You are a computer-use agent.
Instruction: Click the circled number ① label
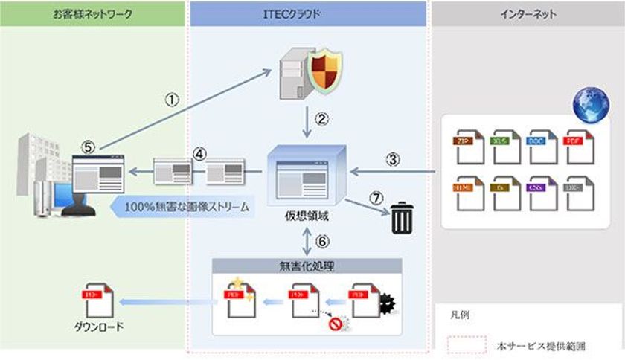tap(172, 101)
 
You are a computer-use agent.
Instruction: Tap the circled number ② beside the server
tap(322, 118)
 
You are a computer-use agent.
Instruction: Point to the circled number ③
tap(393, 158)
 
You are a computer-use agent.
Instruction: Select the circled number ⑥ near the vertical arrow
tap(322, 240)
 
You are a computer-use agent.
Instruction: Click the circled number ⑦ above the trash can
tap(376, 198)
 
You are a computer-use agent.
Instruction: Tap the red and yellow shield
tap(327, 75)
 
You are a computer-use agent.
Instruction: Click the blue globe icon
tap(591, 106)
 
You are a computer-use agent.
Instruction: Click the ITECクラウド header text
tap(308, 13)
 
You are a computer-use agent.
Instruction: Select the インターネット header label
tap(527, 13)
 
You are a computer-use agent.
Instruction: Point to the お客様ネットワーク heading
tap(93, 13)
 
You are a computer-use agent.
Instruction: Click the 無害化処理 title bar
tap(307, 265)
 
